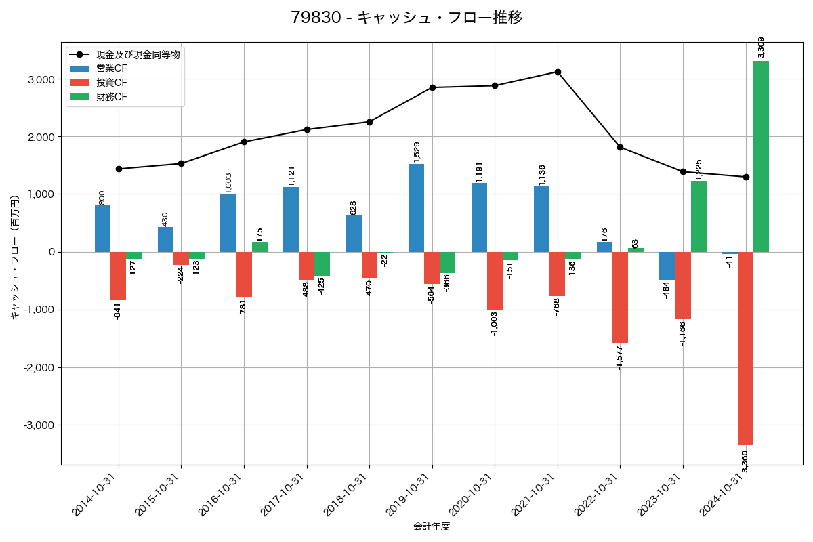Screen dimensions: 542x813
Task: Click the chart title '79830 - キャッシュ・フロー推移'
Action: pos(406,18)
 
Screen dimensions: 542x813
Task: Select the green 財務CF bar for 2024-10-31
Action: pos(761,157)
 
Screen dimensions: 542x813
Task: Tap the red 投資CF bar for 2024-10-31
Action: pos(745,348)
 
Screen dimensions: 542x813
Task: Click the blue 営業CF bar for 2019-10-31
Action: pos(416,208)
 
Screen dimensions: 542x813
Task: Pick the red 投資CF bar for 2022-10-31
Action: pos(620,297)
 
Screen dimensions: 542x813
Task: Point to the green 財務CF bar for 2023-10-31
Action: pos(699,216)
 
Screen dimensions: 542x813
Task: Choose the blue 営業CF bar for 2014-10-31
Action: pos(102,229)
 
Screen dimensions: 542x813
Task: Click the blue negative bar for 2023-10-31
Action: pos(667,266)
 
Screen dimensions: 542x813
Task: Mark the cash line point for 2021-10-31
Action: pos(558,72)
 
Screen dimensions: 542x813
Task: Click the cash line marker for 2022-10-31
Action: pos(620,147)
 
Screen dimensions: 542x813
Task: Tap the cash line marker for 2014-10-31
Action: pos(119,169)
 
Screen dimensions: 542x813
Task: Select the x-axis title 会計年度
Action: pos(432,526)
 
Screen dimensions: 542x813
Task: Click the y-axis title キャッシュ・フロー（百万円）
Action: pos(14,252)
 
